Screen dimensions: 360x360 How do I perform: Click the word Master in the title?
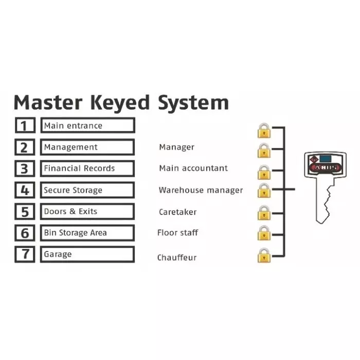[47, 102]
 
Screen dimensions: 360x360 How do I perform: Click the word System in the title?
[193, 102]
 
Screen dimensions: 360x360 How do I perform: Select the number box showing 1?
[24, 125]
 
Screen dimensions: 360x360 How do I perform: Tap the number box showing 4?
[24, 190]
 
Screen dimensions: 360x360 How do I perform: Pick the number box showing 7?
[24, 255]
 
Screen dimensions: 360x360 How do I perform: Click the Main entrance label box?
[87, 125]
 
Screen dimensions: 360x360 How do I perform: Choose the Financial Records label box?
[87, 169]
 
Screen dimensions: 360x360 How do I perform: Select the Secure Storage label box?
[87, 190]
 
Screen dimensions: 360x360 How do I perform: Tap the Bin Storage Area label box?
[87, 233]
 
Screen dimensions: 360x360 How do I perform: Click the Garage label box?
[87, 255]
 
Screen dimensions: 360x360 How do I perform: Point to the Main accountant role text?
[193, 168]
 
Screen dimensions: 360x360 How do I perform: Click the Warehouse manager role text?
[201, 190]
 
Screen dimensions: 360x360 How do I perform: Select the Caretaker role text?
[177, 212]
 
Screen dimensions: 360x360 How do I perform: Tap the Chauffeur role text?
[177, 257]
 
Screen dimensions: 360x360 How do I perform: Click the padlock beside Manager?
[264, 151]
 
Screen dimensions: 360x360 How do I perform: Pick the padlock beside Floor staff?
[264, 233]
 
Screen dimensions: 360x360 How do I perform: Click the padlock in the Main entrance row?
[264, 130]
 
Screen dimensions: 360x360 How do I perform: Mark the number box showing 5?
[24, 212]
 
